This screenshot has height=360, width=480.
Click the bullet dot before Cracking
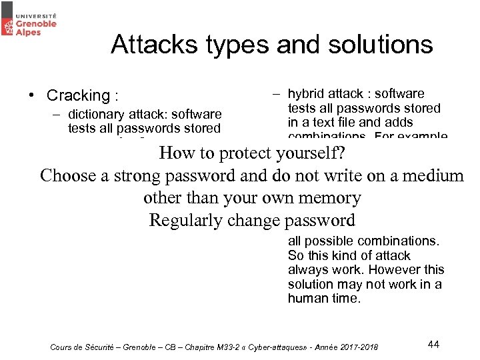31,95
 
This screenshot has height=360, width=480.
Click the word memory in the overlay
329,198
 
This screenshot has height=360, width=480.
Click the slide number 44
433,344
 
